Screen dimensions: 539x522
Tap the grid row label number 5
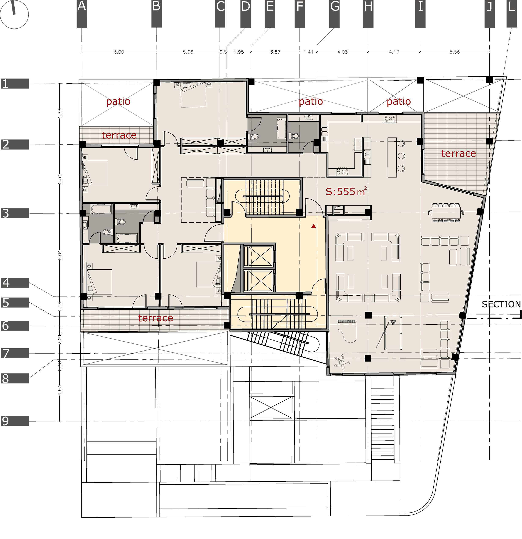point(6,302)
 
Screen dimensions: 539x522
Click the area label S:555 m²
point(346,191)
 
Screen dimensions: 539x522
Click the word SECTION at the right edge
point(501,304)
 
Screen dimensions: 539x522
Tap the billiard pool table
point(393,333)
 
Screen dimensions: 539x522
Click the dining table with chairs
point(446,212)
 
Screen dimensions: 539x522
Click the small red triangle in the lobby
point(314,226)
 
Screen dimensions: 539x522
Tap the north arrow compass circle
point(14,14)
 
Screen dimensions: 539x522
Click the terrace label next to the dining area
point(458,153)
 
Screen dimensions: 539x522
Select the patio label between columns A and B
point(118,102)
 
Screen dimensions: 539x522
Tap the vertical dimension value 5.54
point(60,179)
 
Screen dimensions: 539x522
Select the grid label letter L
point(511,7)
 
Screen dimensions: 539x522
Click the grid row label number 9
point(5,421)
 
